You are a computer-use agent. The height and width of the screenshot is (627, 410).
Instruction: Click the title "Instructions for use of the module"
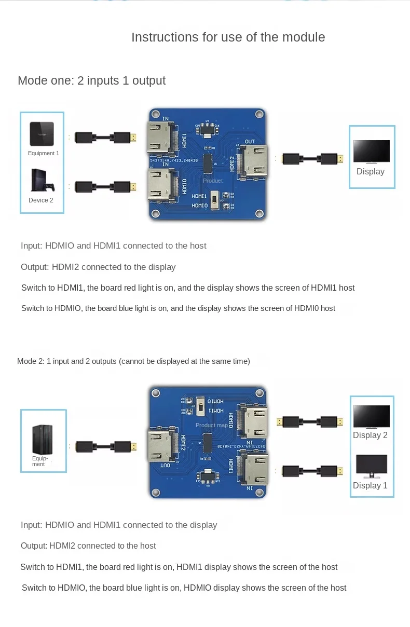point(228,37)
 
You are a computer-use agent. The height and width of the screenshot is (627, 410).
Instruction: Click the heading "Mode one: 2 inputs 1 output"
point(91,80)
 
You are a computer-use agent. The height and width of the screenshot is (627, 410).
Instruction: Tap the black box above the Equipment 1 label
point(42,134)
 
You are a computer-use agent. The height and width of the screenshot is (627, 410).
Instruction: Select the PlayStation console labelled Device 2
point(42,181)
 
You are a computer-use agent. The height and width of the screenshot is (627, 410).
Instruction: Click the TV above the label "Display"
point(371,152)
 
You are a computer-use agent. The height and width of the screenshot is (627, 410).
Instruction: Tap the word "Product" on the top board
point(213,181)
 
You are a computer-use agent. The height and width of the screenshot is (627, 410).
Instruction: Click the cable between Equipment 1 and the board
point(106,138)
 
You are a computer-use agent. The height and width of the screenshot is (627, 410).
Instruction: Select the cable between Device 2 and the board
point(106,186)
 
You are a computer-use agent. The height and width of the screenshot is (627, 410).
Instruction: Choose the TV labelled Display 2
point(371,417)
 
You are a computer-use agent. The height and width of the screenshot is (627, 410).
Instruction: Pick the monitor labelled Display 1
point(371,467)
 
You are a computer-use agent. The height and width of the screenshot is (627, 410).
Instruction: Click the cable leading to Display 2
point(310,421)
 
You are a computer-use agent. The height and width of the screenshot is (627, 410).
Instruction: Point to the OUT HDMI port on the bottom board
point(162,446)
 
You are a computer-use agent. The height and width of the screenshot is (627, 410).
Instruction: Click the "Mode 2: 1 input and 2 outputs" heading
point(133,361)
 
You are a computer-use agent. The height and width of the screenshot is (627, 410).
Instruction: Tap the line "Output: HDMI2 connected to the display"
point(98,267)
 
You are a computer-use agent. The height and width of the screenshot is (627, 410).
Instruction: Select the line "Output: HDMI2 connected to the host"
point(88,546)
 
